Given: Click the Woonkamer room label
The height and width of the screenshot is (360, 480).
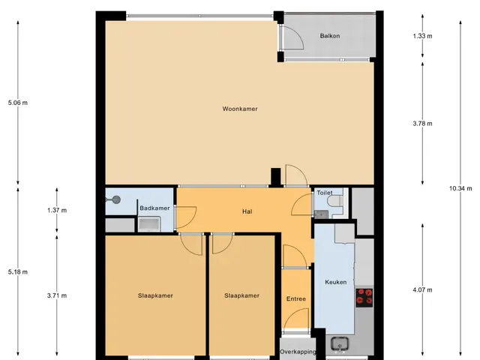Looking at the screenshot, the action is pyautogui.click(x=240, y=109).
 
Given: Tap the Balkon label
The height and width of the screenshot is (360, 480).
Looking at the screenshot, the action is pyautogui.click(x=330, y=36).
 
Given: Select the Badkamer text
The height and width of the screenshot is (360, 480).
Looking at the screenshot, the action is pyautogui.click(x=154, y=208).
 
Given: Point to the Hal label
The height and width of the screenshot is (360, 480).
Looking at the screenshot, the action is pyautogui.click(x=247, y=211).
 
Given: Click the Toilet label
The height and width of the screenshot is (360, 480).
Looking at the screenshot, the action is pyautogui.click(x=325, y=193).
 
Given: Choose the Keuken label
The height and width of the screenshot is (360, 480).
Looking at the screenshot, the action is pyautogui.click(x=336, y=282).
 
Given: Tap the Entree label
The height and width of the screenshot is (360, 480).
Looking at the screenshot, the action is pyautogui.click(x=296, y=298).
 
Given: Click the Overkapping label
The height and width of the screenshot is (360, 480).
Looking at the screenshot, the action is pyautogui.click(x=298, y=352).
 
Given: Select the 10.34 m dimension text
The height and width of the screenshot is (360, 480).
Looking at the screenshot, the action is pyautogui.click(x=460, y=188).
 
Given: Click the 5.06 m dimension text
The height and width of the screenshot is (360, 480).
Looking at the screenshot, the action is pyautogui.click(x=18, y=103).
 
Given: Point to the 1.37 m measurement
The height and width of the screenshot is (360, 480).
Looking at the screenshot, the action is pyautogui.click(x=57, y=210).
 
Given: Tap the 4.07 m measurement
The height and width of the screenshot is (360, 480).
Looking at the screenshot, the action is pyautogui.click(x=422, y=289).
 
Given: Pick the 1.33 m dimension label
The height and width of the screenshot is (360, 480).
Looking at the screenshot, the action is pyautogui.click(x=422, y=36).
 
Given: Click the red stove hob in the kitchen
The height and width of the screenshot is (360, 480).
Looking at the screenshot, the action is pyautogui.click(x=364, y=298).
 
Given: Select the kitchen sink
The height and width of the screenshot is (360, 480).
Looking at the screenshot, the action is pyautogui.click(x=340, y=343).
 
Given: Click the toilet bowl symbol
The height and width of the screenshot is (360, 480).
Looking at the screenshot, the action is pyautogui.click(x=335, y=202).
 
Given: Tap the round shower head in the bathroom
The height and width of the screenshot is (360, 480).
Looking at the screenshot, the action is pyautogui.click(x=116, y=200).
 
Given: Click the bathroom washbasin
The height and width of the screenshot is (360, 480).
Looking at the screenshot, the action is pyautogui.click(x=149, y=224).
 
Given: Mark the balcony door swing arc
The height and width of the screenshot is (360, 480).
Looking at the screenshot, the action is pyautogui.click(x=298, y=34).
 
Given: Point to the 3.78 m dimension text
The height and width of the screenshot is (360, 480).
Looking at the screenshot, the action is pyautogui.click(x=422, y=124).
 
